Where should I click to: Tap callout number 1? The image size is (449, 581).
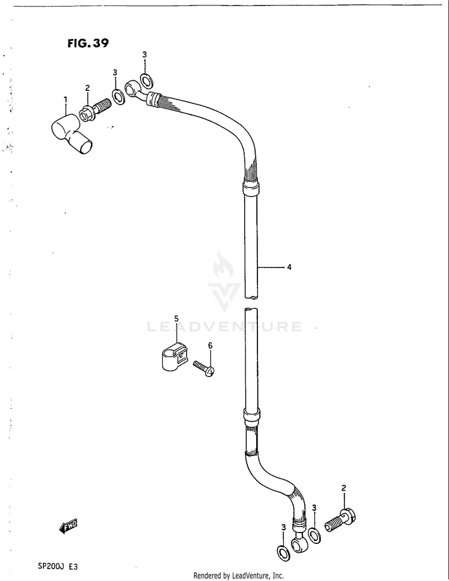tap(65, 99)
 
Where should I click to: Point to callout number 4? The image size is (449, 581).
tap(289, 267)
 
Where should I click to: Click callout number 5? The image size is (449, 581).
tap(177, 318)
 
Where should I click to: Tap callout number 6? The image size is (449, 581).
tap(210, 346)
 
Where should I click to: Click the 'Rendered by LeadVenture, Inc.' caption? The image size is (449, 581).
tap(238, 576)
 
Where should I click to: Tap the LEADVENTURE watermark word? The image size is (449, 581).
tap(224, 327)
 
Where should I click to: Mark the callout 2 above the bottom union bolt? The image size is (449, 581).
tap(344, 488)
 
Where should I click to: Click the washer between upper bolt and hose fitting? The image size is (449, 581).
tap(119, 95)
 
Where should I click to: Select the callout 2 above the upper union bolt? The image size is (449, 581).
tap(87, 88)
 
